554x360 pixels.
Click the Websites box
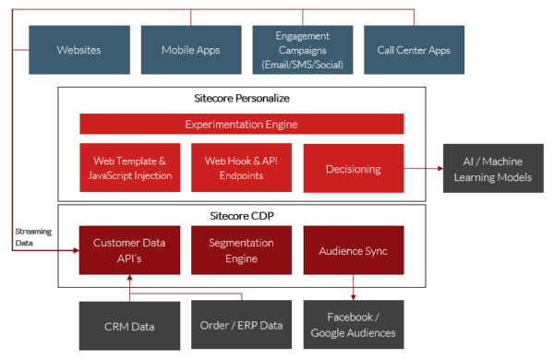point(78,49)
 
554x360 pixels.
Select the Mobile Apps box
point(190,49)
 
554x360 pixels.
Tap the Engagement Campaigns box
point(302,49)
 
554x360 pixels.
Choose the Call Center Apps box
point(414,49)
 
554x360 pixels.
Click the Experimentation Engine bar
point(241,124)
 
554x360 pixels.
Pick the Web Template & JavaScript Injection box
point(129,168)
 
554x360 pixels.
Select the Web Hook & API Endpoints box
point(241,168)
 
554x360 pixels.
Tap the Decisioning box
point(353,169)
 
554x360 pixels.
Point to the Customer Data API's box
point(129,249)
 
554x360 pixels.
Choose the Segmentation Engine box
point(241,249)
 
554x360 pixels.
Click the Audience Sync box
point(353,249)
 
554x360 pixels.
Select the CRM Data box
point(129,325)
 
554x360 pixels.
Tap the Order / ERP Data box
point(241,325)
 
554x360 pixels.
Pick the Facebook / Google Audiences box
point(353,325)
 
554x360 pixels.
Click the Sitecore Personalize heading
point(241,98)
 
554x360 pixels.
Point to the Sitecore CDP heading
point(241,214)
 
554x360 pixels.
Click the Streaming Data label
point(34,238)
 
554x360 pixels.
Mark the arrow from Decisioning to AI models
point(424,169)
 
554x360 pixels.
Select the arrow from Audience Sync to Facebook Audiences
point(353,286)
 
